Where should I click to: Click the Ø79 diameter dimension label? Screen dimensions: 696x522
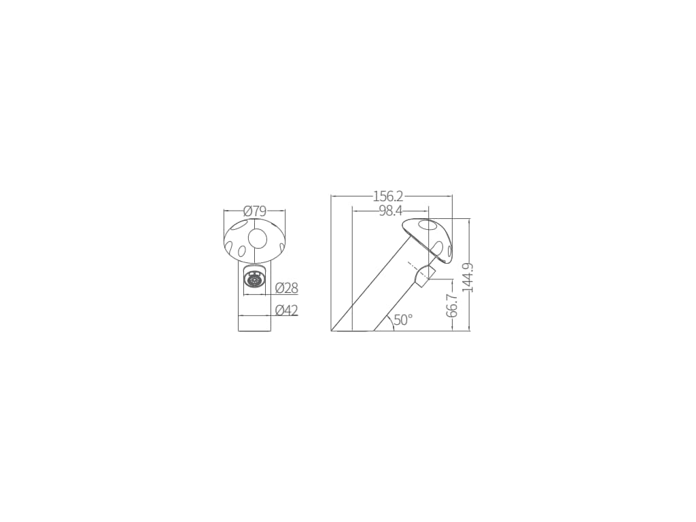(x=254, y=211)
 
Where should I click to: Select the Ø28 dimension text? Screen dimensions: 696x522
(x=286, y=288)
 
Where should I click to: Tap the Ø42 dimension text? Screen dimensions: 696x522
(x=286, y=310)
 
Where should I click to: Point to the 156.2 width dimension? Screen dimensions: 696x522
(x=388, y=196)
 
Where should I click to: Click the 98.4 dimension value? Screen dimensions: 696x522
(x=391, y=211)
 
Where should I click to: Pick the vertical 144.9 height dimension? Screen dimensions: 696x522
(x=468, y=277)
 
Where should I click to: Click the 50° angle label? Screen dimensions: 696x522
(x=403, y=319)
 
